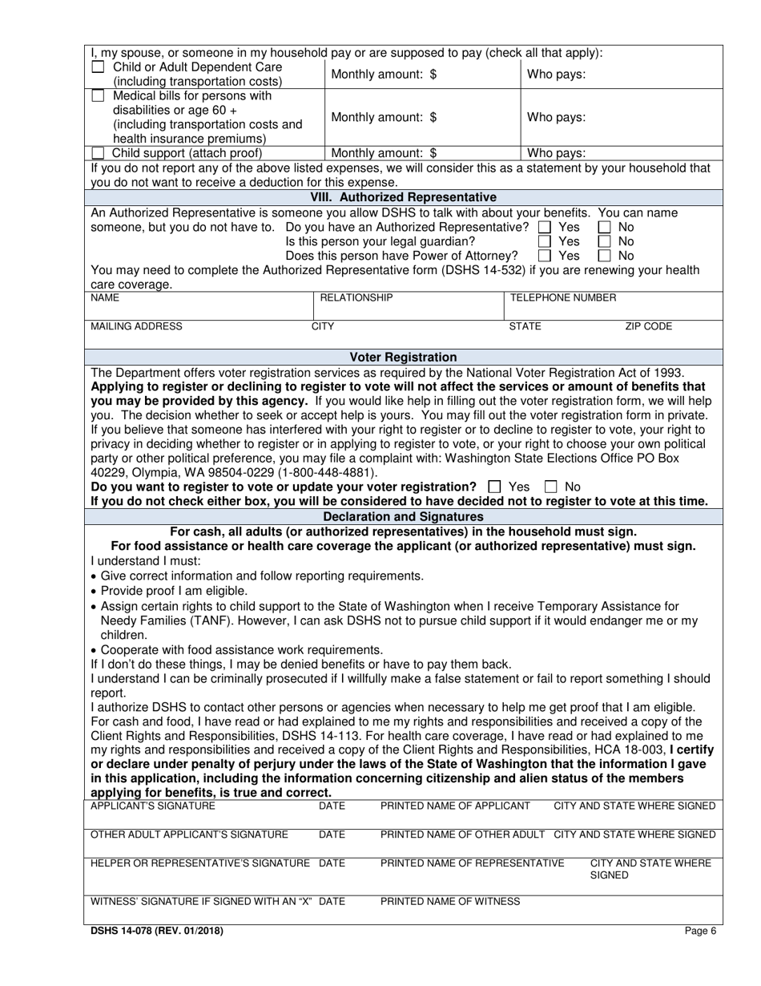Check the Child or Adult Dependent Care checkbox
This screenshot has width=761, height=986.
[98, 67]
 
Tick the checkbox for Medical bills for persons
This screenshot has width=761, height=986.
[98, 96]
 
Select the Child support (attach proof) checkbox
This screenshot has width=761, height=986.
[98, 153]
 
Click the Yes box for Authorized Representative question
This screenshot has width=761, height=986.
[545, 227]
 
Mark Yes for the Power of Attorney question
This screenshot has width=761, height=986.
[545, 256]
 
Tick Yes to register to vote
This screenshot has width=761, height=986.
[494, 487]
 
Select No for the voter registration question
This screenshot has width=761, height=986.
[551, 487]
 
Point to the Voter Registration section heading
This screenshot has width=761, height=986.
[404, 357]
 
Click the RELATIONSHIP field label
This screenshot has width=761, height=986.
[356, 298]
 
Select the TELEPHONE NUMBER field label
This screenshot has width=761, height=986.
[563, 298]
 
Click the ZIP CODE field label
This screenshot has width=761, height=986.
[648, 326]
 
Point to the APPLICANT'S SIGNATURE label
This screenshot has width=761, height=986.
[153, 806]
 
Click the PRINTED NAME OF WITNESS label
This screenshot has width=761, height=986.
[449, 901]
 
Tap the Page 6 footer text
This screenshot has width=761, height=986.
[701, 931]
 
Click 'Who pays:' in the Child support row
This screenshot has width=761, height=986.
[556, 153]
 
